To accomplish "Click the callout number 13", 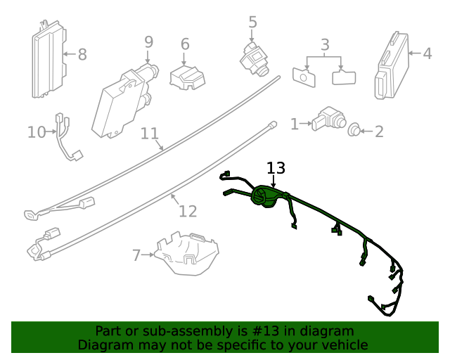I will coord(276,168).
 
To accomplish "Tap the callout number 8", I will coord(82,54).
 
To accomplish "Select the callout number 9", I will coord(148,42).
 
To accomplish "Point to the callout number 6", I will coord(185,44).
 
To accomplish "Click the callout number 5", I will coord(253,22).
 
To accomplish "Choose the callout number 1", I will coord(295,124).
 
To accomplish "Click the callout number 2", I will coord(379,131).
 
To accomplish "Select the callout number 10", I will coord(36,131).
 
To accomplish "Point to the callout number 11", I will coord(149,134).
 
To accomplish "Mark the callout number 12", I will coord(188,211).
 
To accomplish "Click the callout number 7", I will coord(136,255).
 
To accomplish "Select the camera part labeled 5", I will coord(255,57).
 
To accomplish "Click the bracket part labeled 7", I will coord(187,252).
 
